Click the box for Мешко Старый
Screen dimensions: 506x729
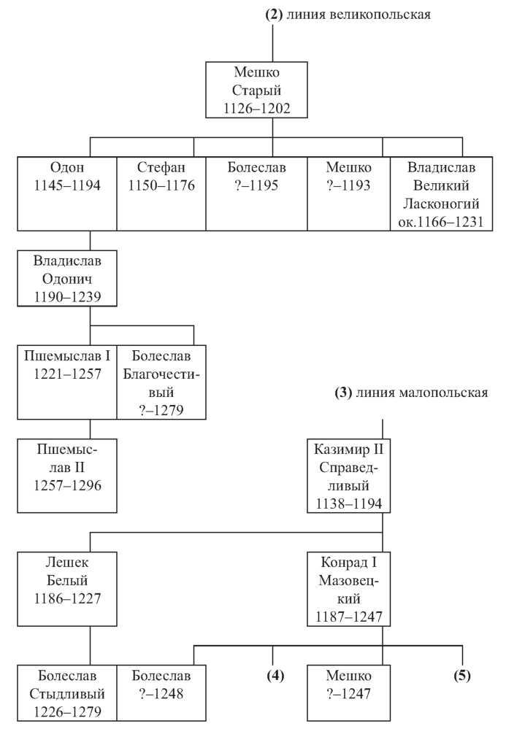click(x=256, y=90)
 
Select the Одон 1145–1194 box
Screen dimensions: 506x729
click(x=67, y=194)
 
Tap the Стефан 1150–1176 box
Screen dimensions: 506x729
click(x=161, y=194)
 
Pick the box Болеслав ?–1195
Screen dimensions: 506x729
click(x=256, y=194)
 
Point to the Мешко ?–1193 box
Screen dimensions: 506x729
click(x=348, y=194)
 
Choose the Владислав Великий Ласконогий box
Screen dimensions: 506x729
click(x=441, y=194)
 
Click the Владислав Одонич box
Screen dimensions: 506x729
click(x=67, y=279)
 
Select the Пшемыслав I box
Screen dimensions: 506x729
click(x=67, y=382)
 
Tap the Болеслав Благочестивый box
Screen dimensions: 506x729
click(x=161, y=382)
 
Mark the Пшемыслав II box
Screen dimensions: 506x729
click(x=67, y=476)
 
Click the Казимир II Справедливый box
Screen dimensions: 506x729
click(x=348, y=476)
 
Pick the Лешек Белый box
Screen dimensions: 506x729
click(x=67, y=589)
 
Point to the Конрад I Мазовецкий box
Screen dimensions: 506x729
click(x=348, y=589)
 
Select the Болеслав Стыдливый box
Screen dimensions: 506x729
click(x=67, y=693)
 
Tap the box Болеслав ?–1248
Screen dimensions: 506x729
click(x=161, y=693)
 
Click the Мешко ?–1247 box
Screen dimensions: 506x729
click(x=348, y=693)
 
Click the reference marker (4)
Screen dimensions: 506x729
click(x=275, y=675)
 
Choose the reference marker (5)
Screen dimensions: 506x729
click(x=461, y=675)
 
